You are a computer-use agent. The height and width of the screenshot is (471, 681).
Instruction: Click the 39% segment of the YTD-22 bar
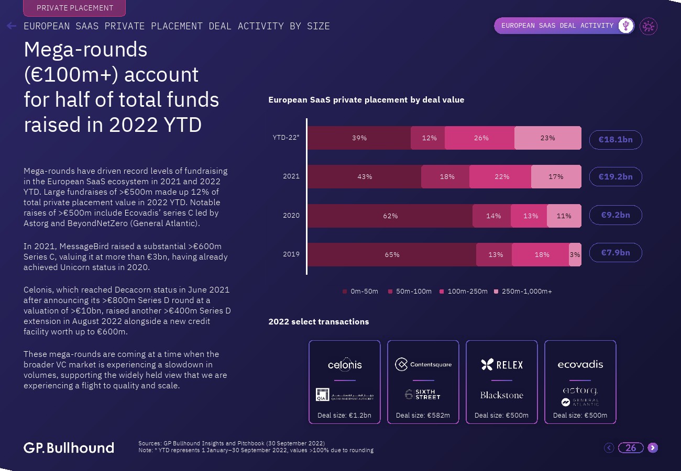coord(359,138)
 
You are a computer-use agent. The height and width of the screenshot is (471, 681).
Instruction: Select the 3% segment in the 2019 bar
coord(575,255)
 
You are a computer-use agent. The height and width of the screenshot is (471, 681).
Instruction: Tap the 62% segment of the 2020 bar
coord(390,216)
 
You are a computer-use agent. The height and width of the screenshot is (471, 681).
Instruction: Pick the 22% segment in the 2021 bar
coord(501,177)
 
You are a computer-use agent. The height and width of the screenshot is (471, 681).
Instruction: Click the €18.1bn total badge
coord(615,140)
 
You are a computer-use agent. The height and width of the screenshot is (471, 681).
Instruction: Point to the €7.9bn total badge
coord(615,253)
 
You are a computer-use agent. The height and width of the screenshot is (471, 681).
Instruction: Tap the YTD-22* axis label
coord(286,138)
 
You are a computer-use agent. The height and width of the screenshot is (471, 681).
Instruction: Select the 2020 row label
coord(291,215)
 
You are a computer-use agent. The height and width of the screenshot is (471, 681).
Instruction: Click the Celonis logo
coord(345,365)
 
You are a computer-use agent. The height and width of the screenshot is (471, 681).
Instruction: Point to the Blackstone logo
coord(501,395)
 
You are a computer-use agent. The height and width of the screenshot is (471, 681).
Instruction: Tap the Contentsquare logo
coord(423,365)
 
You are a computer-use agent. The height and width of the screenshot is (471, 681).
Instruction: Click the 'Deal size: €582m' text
coord(423,416)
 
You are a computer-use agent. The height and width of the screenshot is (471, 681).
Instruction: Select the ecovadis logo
coord(580,364)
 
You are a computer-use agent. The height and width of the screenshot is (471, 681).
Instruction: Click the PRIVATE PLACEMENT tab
coord(75,8)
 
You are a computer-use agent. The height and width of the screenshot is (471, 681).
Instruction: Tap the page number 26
coord(631,447)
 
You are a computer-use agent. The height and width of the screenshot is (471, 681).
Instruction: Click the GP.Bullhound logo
coord(69,447)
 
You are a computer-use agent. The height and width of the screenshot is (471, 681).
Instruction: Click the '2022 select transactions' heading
coord(318,322)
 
